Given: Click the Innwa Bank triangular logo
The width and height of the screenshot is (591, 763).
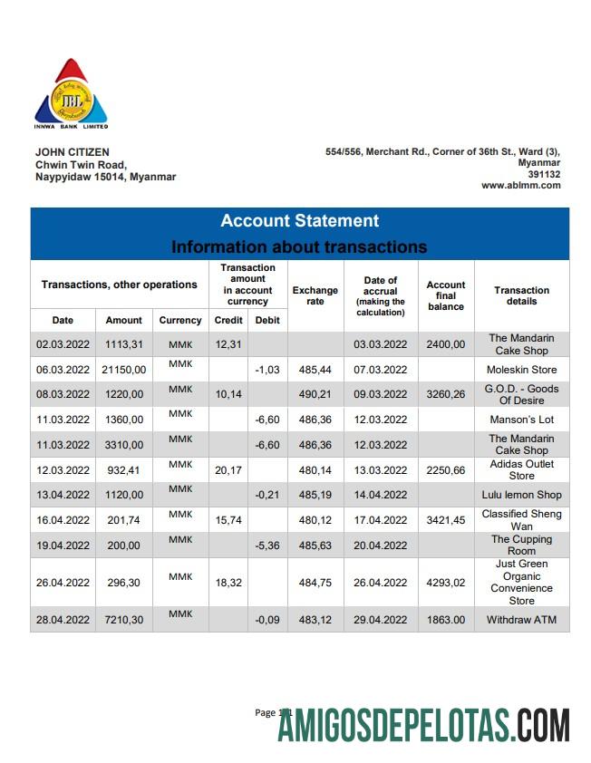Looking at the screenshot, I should tap(71, 93).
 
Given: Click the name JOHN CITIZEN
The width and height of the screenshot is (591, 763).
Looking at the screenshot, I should tap(72, 152).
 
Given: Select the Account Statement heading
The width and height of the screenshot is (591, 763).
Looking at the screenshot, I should tap(299, 221).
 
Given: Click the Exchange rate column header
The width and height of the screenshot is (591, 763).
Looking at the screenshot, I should tap(315, 295).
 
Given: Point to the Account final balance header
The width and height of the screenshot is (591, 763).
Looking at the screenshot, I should tap(445, 295).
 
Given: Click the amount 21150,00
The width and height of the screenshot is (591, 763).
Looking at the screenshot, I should tap(124, 370).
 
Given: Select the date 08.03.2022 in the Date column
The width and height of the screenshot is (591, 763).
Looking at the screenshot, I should tap(63, 395).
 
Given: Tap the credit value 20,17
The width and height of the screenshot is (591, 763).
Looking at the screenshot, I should tap(228, 470).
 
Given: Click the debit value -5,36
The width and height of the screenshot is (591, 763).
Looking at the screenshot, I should tap(266, 546).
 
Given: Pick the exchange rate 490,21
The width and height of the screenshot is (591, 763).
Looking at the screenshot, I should tap(315, 395).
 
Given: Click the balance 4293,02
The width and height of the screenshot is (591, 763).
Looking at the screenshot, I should tap(445, 583).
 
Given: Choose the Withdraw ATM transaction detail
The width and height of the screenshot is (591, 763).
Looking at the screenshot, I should tap(521, 621).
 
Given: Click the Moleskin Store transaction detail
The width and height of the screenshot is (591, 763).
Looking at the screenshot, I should tap(521, 370).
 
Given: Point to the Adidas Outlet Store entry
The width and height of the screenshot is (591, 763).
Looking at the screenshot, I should tap(521, 470).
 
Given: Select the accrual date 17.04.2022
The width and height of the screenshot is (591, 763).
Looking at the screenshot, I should tap(380, 520).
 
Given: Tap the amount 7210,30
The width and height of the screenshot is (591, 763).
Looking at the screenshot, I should tap(124, 621).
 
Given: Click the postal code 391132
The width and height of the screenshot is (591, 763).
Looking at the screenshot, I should tap(544, 174).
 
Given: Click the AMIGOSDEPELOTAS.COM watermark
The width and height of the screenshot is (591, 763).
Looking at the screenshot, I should tap(423, 726).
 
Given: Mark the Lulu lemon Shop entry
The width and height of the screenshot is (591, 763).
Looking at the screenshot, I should tap(521, 495).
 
